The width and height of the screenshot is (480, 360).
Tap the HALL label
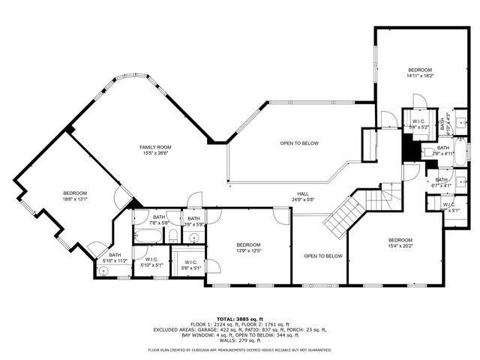[x=302, y=194]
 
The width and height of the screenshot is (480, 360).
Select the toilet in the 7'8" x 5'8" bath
[x=172, y=235]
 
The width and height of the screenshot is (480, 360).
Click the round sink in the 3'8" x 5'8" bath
[x=194, y=237]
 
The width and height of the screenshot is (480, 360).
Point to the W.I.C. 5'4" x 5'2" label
[x=418, y=124]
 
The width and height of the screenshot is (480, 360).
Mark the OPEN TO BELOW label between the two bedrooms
[x=322, y=256]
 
